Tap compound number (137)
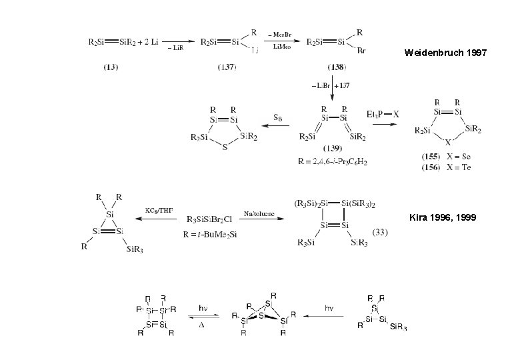226,67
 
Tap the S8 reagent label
277,115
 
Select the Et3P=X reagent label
383,115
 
